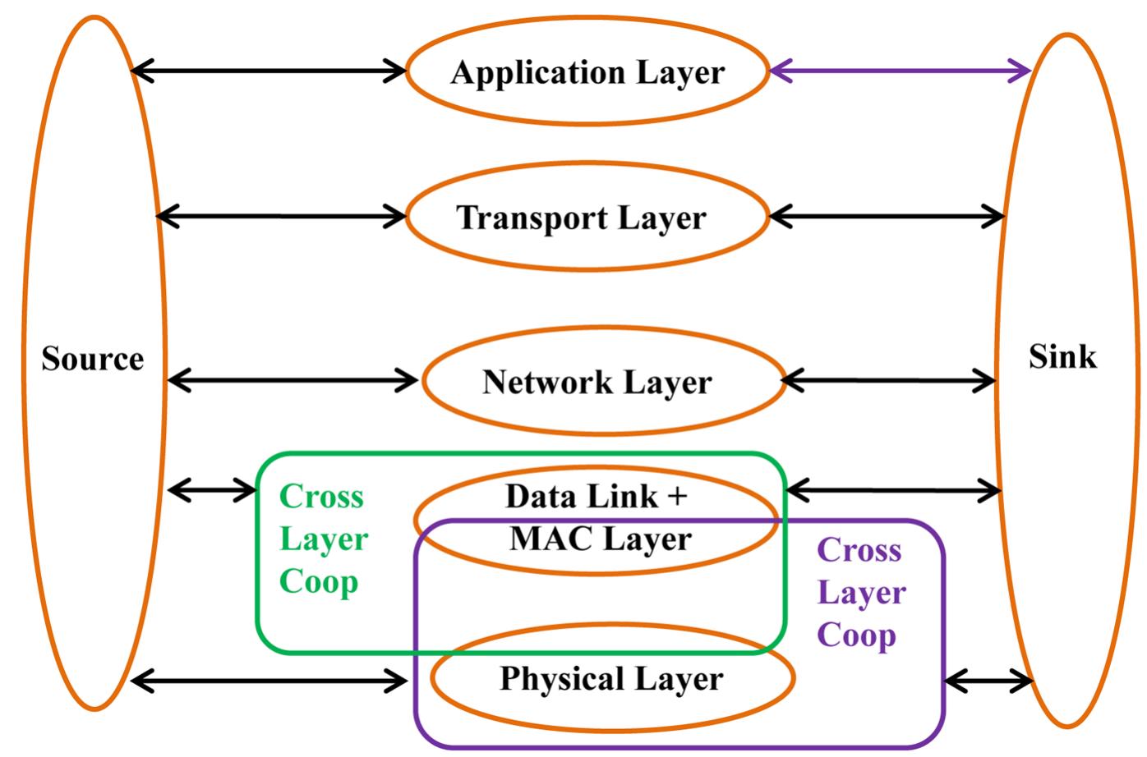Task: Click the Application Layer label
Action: [x=587, y=72]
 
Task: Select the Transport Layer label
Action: [x=581, y=218]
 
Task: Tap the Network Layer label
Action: [x=597, y=382]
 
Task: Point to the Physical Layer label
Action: [x=611, y=679]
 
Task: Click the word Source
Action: [x=93, y=359]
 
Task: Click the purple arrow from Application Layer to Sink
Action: [x=900, y=71]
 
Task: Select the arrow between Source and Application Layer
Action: [x=269, y=71]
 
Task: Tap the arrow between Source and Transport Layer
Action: [x=281, y=217]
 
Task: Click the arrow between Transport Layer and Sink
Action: [x=887, y=217]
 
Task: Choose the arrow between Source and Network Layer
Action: [x=293, y=380]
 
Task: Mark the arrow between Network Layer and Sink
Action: [x=888, y=381]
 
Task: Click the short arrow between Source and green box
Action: [x=212, y=491]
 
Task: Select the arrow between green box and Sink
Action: [x=893, y=491]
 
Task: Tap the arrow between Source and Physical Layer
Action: [x=269, y=680]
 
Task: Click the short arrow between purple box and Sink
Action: [x=988, y=681]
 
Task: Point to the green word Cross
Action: [x=321, y=497]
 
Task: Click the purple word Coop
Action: [x=856, y=635]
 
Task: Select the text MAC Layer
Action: [x=601, y=539]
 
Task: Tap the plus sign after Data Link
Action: [x=677, y=497]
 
